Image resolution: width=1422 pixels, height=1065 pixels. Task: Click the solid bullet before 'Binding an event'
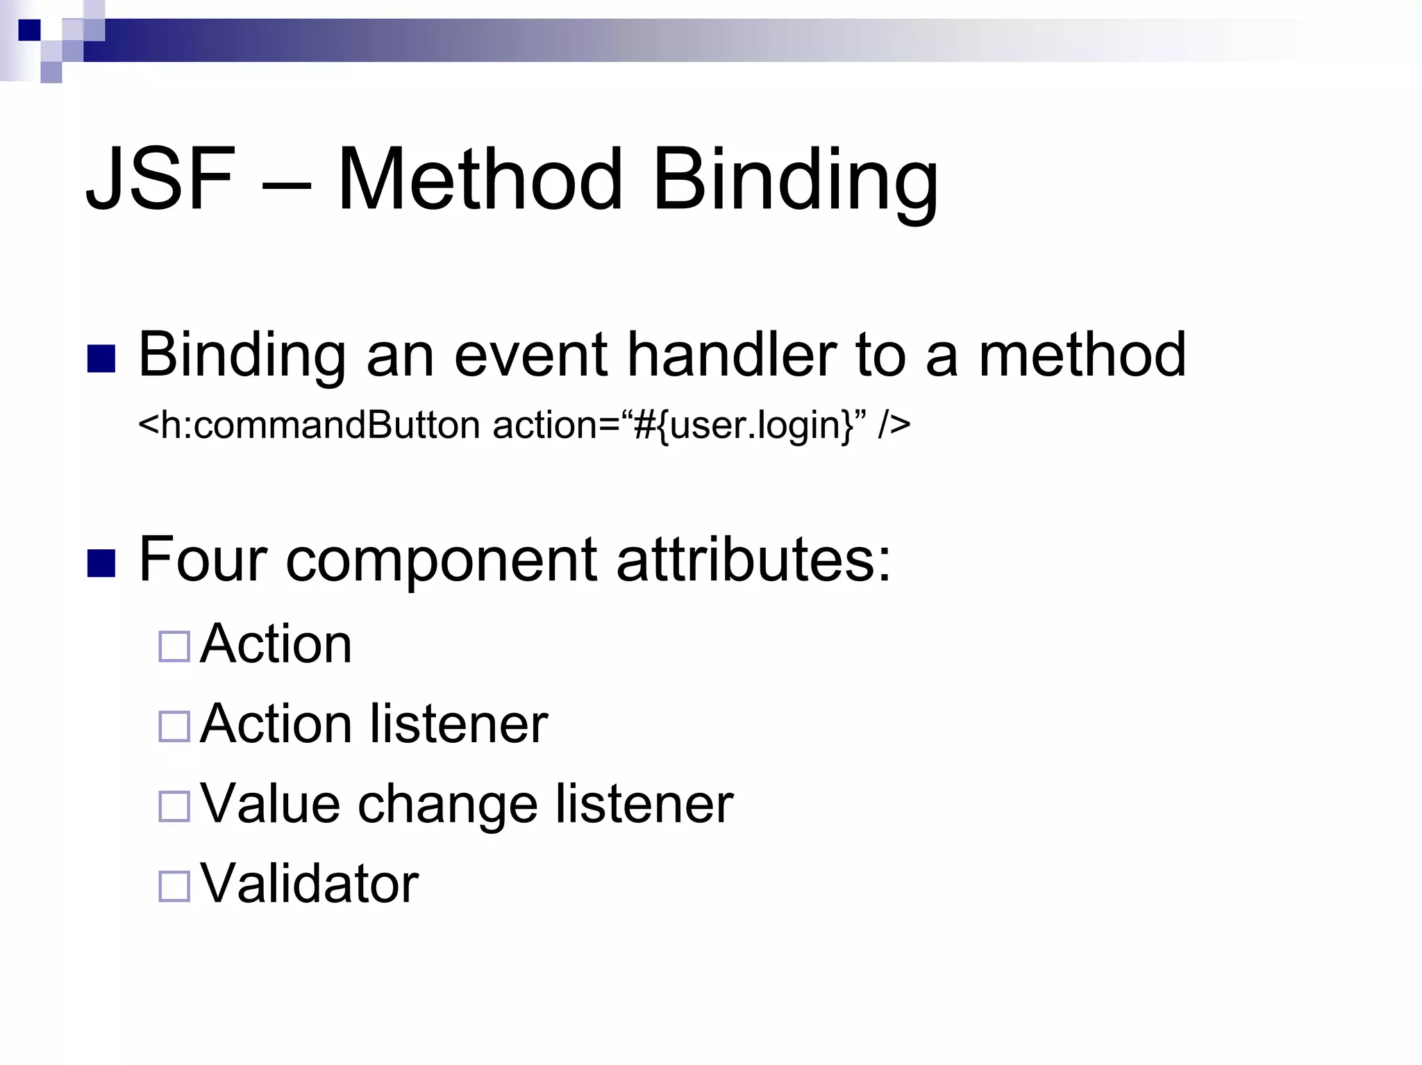coord(101,359)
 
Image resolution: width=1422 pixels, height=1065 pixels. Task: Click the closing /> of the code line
coord(894,425)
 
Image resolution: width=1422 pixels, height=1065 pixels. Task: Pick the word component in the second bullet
coord(441,562)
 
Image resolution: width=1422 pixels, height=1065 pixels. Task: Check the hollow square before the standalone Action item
coord(174,647)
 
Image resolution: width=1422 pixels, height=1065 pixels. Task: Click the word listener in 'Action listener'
coord(459,724)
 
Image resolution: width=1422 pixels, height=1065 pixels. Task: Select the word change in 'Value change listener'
coord(447,805)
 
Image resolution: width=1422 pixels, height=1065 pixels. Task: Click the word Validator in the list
coord(309,884)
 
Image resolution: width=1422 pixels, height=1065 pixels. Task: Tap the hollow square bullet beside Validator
coord(174,887)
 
